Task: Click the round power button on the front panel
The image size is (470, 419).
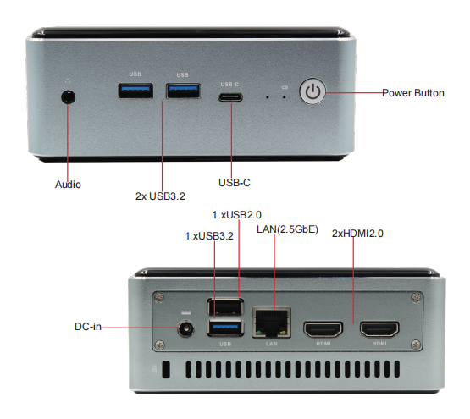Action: [x=312, y=91]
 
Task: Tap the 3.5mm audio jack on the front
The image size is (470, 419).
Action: [x=68, y=97]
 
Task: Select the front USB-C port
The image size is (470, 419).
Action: [x=230, y=97]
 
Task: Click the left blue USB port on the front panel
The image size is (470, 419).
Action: [x=135, y=91]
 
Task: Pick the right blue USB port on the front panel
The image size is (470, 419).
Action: [x=183, y=91]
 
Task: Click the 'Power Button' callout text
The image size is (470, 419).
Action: [x=413, y=93]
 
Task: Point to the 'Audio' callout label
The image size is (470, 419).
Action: [x=68, y=185]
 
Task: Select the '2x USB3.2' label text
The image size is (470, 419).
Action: [x=160, y=196]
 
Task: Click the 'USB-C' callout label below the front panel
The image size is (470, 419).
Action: [x=235, y=183]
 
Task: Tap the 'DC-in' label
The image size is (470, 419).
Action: [x=88, y=327]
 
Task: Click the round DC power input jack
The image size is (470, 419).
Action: [x=185, y=329]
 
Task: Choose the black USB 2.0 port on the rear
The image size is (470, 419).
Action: [x=225, y=306]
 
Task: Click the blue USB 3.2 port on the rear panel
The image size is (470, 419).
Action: [x=225, y=328]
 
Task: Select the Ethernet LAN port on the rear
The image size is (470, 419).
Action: [x=272, y=323]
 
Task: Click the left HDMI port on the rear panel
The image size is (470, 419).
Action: [x=323, y=329]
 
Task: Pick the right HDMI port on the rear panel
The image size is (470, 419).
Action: [x=379, y=329]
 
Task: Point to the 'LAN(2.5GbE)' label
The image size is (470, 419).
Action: [x=287, y=229]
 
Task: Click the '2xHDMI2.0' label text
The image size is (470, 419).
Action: [x=357, y=234]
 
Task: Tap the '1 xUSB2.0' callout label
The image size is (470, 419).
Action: [x=237, y=215]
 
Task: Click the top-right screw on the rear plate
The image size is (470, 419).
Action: [x=416, y=297]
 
